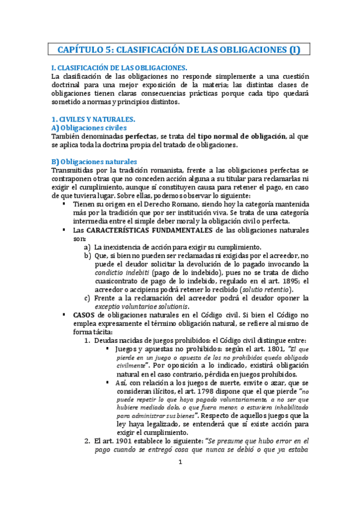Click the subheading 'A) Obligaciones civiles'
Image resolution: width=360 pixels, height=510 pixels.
tap(89, 127)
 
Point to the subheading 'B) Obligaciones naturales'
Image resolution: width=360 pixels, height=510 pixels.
tap(94, 162)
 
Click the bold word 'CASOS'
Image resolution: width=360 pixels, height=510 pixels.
tap(84, 315)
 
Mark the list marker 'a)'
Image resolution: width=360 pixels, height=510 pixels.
tap(88, 247)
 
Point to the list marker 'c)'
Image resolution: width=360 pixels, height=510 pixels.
tap(88, 298)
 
